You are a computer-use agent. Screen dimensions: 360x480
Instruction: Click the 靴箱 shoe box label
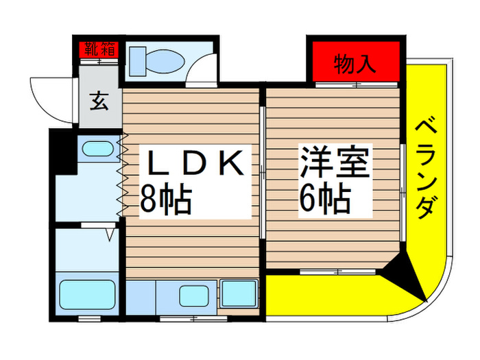[x=100, y=49]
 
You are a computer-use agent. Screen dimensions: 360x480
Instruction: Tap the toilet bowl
[x=162, y=62]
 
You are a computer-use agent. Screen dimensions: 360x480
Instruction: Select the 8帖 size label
[x=165, y=200]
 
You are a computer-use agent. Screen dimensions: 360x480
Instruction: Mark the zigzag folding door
[x=123, y=174]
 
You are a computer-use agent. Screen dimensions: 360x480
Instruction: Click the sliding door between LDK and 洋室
[x=264, y=171]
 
